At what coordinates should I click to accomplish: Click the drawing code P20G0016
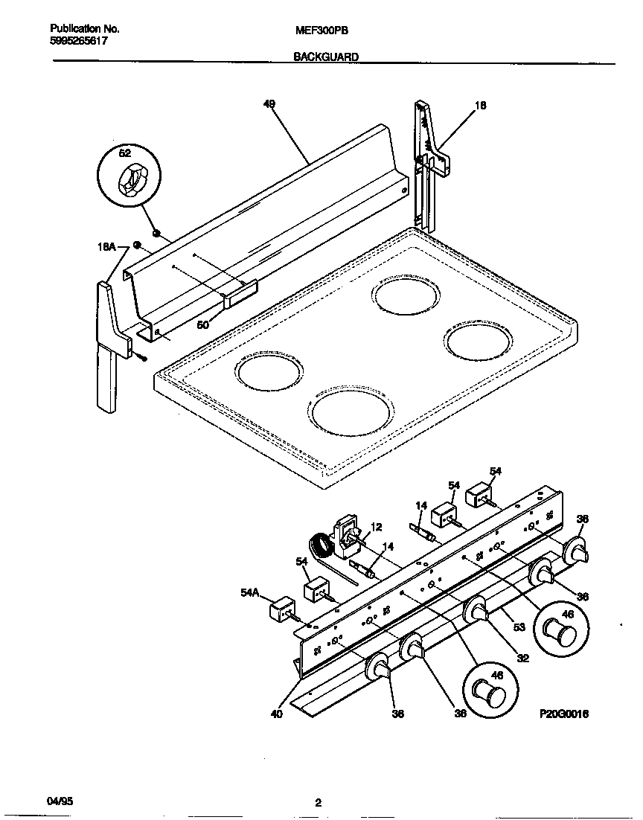564,713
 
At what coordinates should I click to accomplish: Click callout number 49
269,105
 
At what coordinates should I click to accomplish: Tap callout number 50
203,324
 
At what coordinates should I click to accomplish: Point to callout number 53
519,627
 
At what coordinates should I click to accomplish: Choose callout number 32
522,658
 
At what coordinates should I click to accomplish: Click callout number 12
377,528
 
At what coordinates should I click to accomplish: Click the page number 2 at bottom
318,802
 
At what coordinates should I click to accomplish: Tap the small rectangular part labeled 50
240,292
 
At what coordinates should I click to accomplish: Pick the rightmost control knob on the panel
577,551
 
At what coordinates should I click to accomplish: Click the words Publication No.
85,29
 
